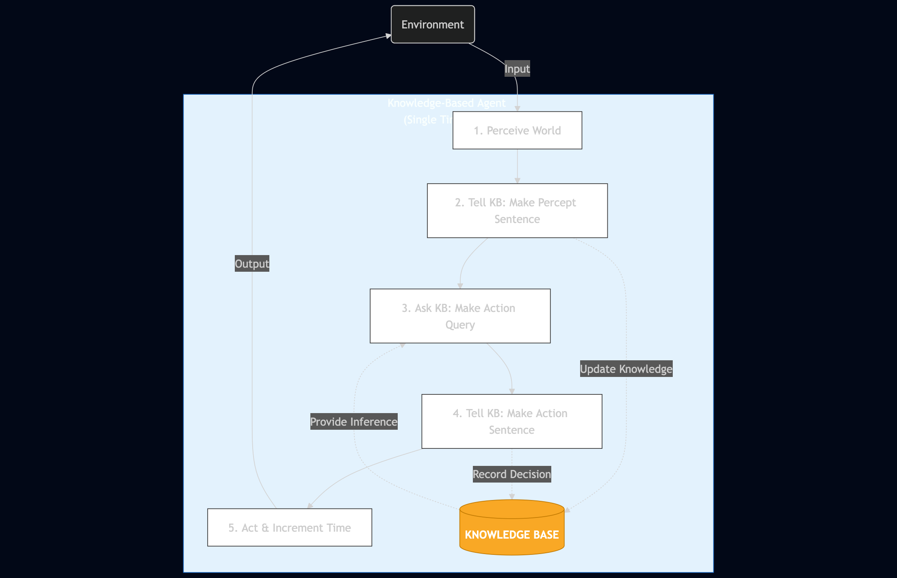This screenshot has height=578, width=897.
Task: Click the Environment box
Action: coord(433,24)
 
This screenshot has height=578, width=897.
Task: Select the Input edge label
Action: coord(517,69)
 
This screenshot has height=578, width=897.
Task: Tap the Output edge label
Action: coord(252,264)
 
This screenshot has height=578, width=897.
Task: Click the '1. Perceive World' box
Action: coord(517,130)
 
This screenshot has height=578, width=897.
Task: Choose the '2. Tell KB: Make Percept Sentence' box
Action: coord(517,210)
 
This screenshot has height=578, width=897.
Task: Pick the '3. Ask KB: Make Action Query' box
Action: coord(460,316)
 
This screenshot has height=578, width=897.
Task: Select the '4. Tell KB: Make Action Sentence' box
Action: coord(511,421)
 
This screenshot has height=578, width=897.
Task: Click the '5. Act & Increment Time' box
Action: coord(289,527)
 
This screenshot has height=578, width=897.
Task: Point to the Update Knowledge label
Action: coord(626,369)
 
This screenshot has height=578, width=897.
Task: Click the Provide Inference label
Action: coord(353,422)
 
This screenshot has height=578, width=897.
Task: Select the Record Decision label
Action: coord(511,474)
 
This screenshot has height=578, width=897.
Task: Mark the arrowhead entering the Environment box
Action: coord(388,36)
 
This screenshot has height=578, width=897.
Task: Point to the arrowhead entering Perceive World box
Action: coord(517,108)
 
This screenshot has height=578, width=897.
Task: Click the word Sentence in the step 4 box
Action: coord(511,430)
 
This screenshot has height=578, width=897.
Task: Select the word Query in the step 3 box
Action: coord(460,325)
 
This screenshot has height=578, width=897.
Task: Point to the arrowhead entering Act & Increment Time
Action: coord(310,506)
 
